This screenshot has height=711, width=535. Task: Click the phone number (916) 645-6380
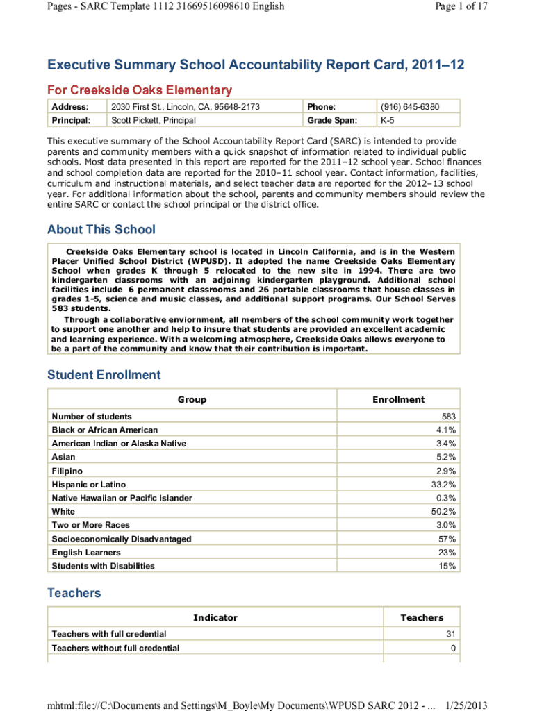coord(410,107)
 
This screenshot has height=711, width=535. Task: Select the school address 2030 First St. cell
coord(186,107)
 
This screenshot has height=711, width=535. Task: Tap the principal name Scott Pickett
coord(154,120)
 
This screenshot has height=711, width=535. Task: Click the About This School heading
coord(101,229)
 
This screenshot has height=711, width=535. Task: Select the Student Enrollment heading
coord(104,375)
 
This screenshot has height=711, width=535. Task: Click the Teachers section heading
coord(74,593)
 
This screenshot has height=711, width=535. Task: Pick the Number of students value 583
coord(448,417)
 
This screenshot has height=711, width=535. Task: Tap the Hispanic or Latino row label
coord(89,485)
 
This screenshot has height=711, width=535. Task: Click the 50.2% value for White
coord(443,512)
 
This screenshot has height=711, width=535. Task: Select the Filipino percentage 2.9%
coord(445,471)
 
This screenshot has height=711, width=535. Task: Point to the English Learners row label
coord(86,553)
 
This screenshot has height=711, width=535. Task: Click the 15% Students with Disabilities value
coord(447,566)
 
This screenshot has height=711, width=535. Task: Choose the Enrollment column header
coord(398,399)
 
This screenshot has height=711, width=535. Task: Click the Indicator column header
coord(215,617)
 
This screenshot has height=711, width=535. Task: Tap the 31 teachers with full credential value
coord(450,634)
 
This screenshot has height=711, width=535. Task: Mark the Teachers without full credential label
coord(115,648)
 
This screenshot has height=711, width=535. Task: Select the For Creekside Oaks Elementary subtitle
coord(140,90)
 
